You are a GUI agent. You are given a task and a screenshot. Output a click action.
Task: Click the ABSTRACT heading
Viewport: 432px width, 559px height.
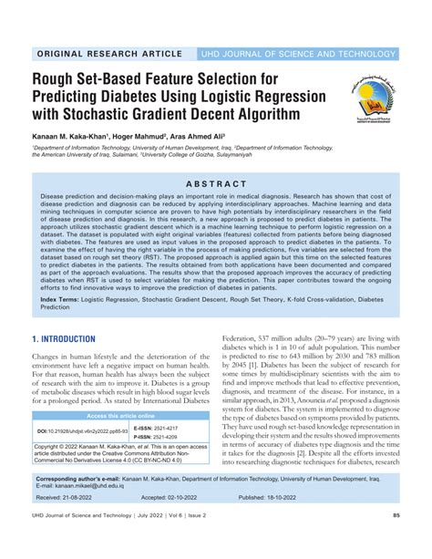click(x=216, y=182)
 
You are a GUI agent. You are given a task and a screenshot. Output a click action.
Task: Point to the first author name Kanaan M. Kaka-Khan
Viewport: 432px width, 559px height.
click(x=58, y=134)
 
